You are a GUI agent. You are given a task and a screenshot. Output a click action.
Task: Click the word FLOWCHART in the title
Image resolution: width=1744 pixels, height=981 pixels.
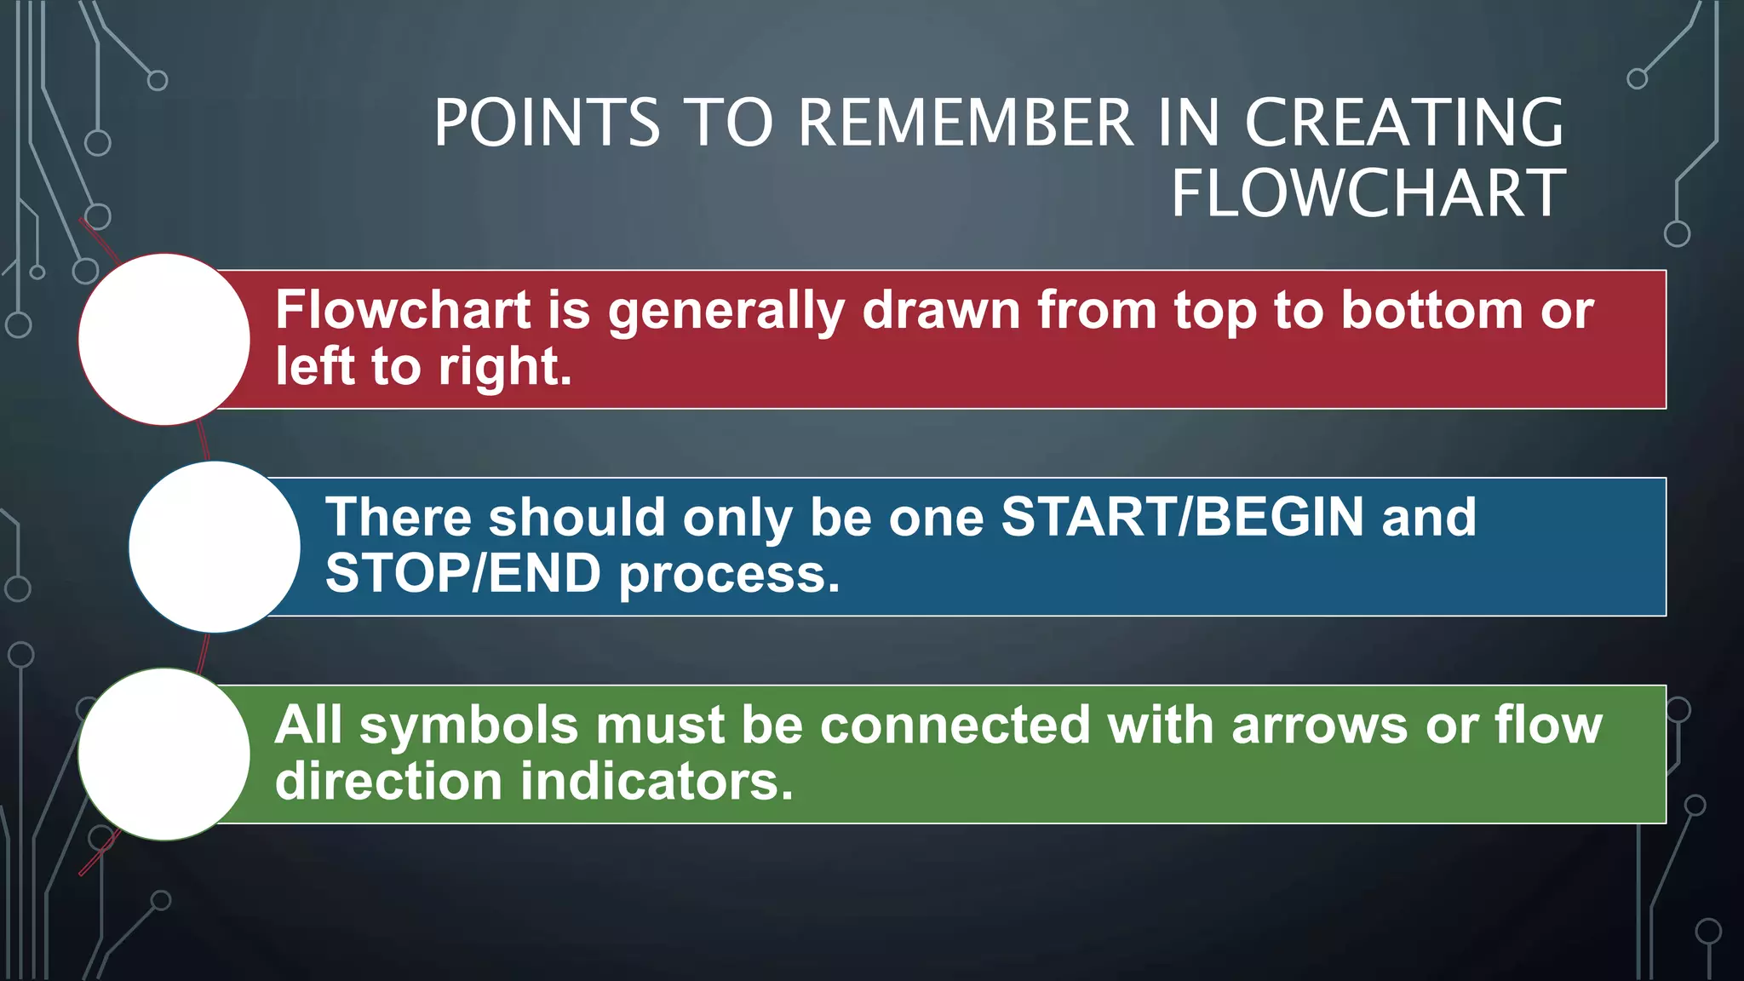pyautogui.click(x=1368, y=194)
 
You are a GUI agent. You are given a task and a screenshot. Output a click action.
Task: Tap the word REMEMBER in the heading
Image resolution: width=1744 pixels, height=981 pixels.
pyautogui.click(x=967, y=123)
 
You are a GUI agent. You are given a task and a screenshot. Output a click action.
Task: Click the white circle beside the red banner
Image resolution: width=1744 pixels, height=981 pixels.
pyautogui.click(x=164, y=339)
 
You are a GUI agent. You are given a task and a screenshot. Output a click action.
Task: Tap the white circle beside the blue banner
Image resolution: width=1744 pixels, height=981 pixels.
pyautogui.click(x=215, y=547)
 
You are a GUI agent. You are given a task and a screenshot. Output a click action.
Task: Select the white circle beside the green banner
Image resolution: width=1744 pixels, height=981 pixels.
pyautogui.click(x=164, y=754)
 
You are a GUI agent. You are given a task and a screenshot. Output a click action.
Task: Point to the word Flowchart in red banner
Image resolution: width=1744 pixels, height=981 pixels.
pyautogui.click(x=403, y=309)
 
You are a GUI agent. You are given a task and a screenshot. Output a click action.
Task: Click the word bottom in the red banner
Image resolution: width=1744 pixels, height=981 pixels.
pyautogui.click(x=1431, y=309)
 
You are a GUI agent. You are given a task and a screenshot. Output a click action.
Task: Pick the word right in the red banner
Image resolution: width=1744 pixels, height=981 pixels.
pyautogui.click(x=504, y=368)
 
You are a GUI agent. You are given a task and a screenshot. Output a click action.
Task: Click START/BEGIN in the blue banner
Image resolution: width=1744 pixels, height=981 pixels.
pyautogui.click(x=1182, y=517)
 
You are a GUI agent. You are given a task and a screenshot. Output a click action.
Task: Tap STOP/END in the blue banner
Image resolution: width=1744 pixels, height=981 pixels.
pyautogui.click(x=463, y=573)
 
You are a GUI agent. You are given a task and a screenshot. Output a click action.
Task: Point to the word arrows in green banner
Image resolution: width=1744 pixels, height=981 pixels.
pyautogui.click(x=1319, y=726)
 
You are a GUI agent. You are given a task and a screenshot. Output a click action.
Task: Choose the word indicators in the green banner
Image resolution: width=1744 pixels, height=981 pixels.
pyautogui.click(x=657, y=782)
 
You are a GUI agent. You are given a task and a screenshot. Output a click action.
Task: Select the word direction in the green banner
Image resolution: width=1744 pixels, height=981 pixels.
pyautogui.click(x=388, y=782)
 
